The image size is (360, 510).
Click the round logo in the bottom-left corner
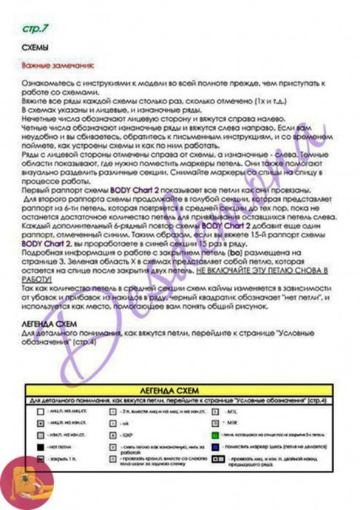click(x=27, y=484)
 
